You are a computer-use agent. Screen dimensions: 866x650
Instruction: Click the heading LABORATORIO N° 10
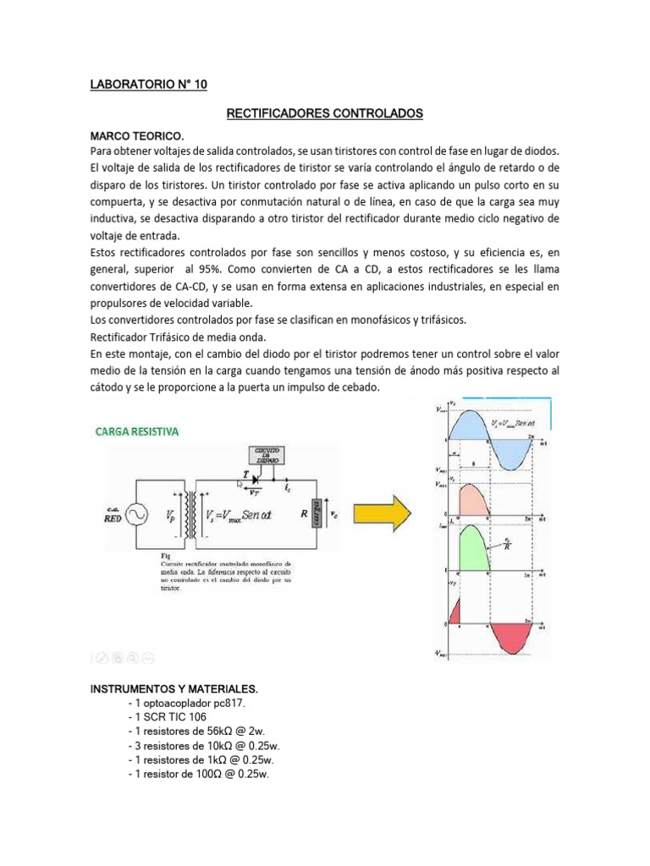148,85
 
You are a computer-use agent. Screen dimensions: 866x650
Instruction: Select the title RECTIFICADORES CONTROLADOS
325,112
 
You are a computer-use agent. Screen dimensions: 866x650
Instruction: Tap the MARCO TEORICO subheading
136,135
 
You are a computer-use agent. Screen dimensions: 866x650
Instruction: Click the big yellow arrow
382,512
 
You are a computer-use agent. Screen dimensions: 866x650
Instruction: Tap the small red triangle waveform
454,609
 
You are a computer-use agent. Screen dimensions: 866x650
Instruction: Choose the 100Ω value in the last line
207,774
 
